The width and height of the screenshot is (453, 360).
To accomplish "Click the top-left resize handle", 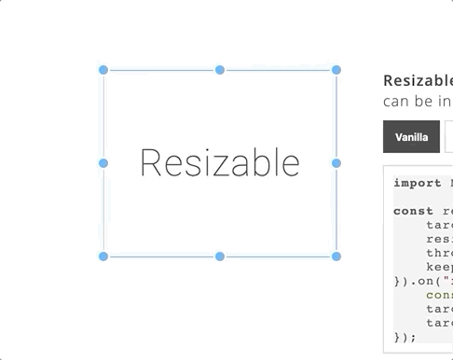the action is click(103, 70).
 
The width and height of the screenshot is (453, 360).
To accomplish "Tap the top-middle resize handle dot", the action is click(220, 70).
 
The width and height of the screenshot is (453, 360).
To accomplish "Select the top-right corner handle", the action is click(336, 70).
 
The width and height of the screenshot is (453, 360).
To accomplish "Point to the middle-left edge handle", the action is click(103, 163).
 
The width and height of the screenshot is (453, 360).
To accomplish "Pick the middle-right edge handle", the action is click(336, 163).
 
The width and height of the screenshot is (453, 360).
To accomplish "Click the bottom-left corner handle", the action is click(103, 256).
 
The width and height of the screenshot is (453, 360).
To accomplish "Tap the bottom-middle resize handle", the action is click(220, 256).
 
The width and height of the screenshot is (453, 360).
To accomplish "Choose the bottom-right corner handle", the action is click(336, 256).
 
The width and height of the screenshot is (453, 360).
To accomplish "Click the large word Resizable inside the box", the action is click(220, 163).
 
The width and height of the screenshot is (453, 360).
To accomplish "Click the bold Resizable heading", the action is click(418, 80).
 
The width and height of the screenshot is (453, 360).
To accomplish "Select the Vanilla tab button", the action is click(411, 137).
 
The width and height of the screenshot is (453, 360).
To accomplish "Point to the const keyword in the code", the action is click(414, 211).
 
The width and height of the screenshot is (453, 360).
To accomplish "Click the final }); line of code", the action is click(405, 337).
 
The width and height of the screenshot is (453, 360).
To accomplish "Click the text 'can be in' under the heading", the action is click(418, 101).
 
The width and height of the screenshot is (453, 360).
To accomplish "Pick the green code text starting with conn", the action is click(439, 295).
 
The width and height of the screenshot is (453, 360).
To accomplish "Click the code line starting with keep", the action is click(439, 267).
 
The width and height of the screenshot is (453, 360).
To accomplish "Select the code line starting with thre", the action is click(439, 253).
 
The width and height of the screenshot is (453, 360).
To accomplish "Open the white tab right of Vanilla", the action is click(448, 137).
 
